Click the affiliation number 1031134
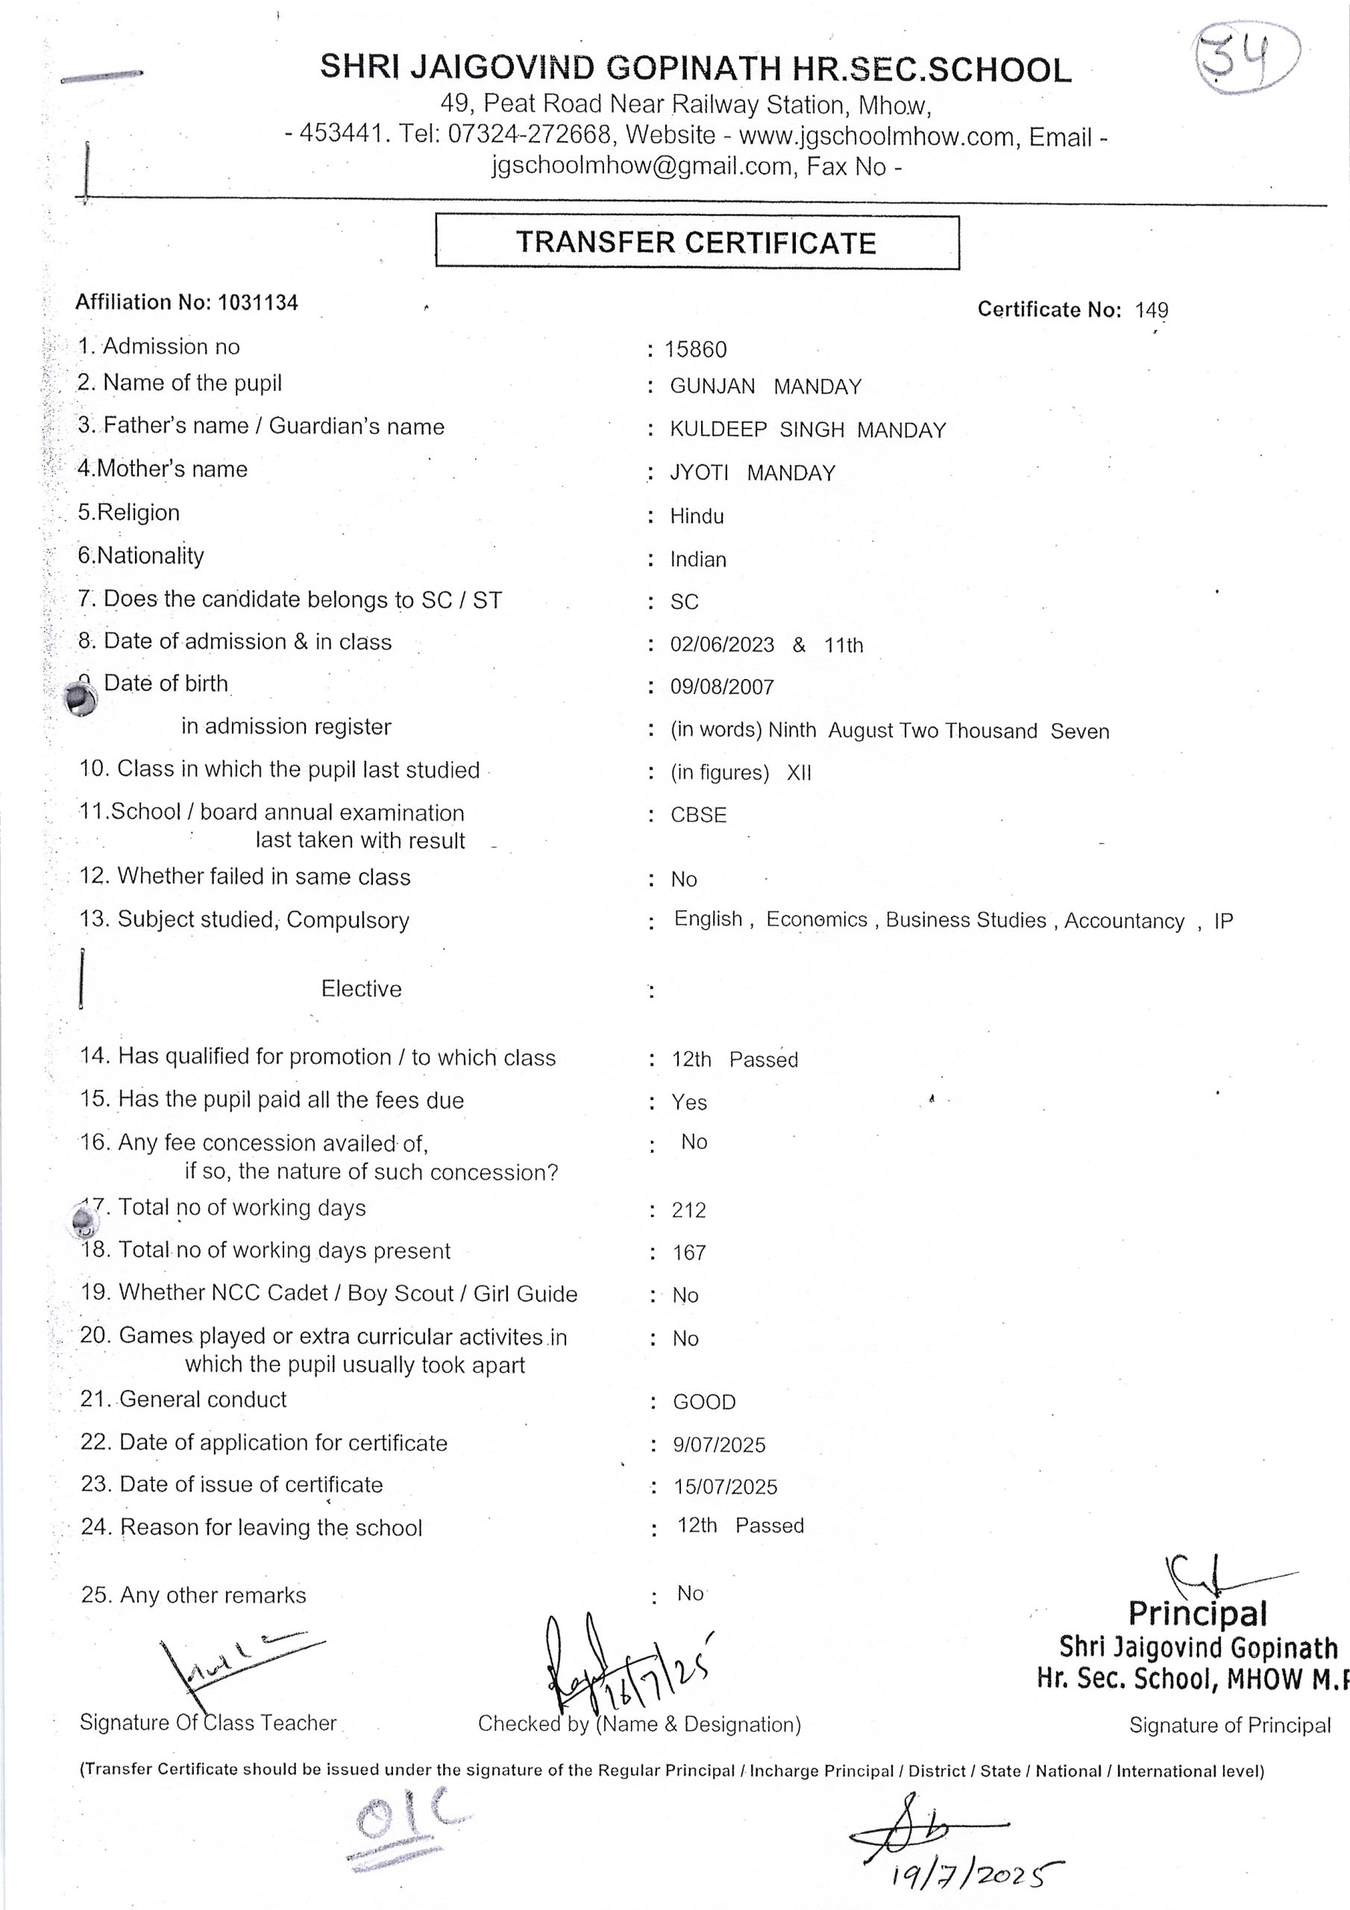258,302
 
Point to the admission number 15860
695,349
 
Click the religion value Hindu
697,516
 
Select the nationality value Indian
698,560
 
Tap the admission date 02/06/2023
722,645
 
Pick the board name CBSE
699,815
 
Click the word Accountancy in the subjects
1124,921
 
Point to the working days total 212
688,1210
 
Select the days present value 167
688,1253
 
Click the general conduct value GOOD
703,1403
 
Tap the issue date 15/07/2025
725,1488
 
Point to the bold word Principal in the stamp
1197,1614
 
